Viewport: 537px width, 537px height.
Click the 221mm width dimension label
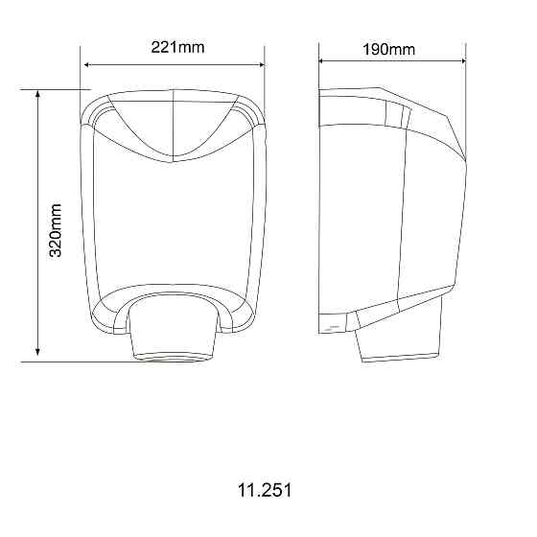[x=177, y=47]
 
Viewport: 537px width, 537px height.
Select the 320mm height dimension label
[x=56, y=230]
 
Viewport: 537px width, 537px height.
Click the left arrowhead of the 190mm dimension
[x=323, y=60]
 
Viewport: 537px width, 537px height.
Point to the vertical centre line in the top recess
[x=171, y=125]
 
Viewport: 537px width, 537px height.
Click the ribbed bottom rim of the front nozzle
[x=172, y=358]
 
